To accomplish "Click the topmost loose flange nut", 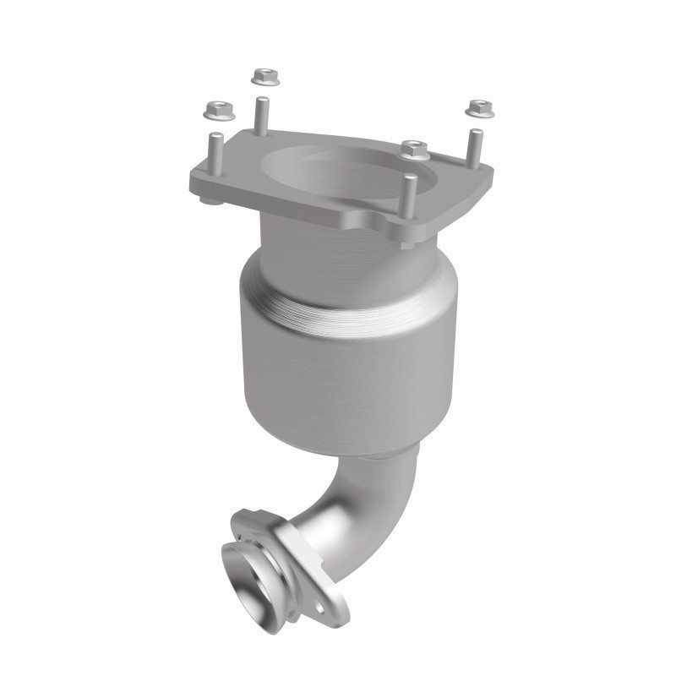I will pos(263,77).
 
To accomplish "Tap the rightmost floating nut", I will pos(479,107).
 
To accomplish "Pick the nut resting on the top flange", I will pos(414,150).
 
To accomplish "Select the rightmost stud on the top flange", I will pos(476,148).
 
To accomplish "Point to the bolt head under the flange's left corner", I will pos(208,201).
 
